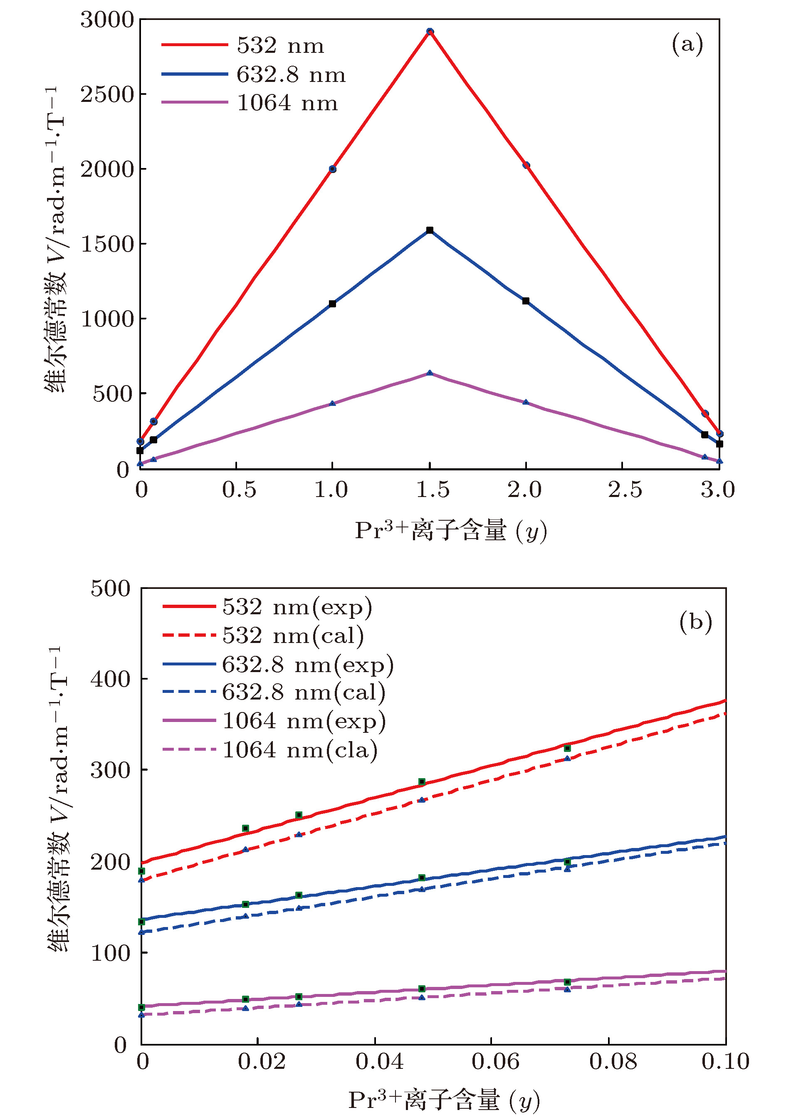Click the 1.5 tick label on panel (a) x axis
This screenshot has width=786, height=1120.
[432, 489]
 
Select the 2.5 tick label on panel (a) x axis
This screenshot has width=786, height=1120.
[625, 489]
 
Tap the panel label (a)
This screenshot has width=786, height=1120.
[687, 45]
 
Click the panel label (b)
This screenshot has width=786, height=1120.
[695, 622]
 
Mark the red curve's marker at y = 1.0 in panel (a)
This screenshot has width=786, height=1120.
[332, 169]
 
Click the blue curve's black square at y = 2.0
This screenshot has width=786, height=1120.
[526, 301]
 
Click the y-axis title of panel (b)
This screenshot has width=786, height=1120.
[59, 800]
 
